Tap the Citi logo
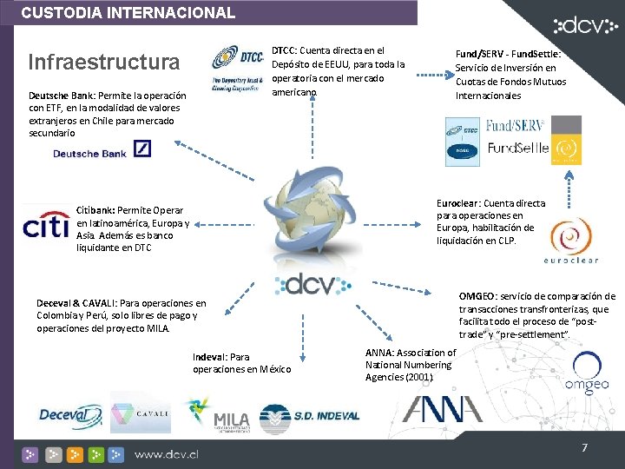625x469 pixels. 46,224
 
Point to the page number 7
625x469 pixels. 585,448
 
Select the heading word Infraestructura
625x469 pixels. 103,63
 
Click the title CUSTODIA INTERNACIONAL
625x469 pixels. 128,13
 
